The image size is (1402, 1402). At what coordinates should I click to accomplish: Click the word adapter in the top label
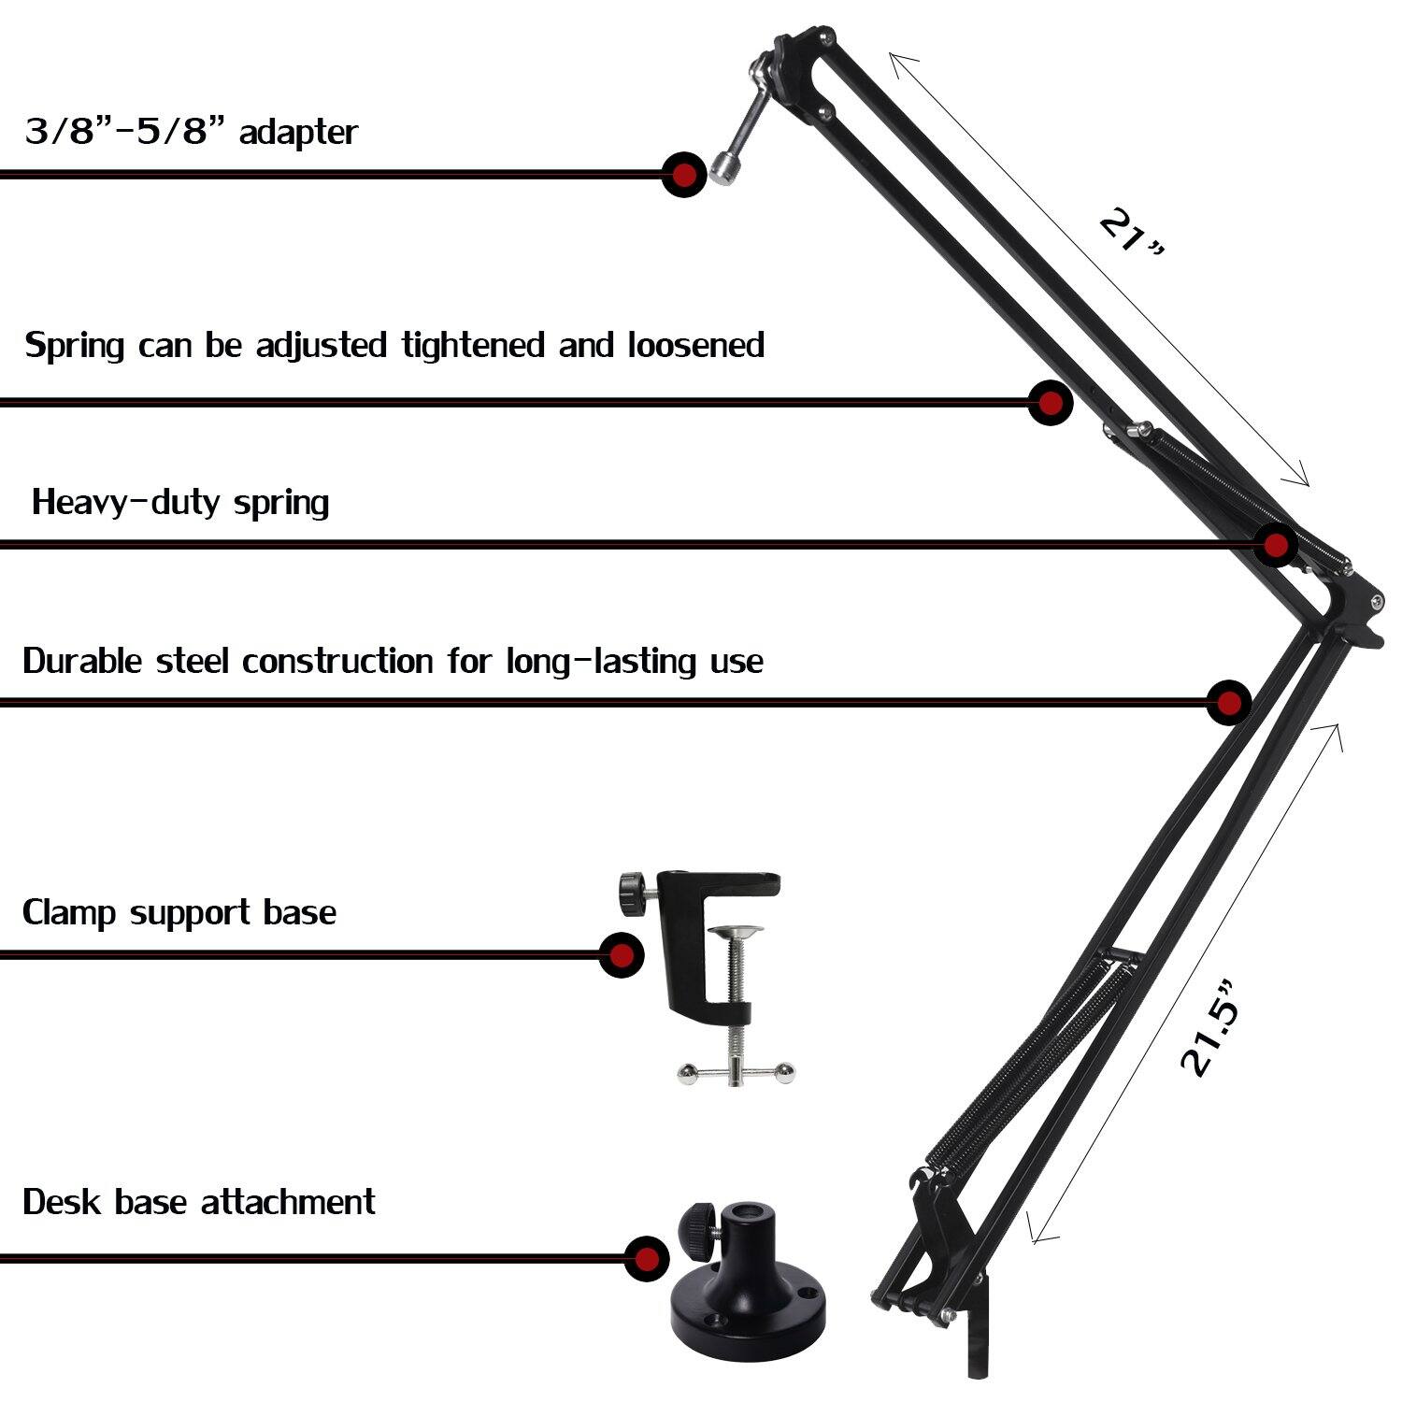pos(298,132)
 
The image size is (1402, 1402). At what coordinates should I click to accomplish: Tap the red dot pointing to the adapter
pos(684,174)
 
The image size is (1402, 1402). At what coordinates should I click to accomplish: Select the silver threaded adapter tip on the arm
pos(723,167)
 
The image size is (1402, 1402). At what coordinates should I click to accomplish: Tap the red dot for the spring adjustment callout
pos(1050,403)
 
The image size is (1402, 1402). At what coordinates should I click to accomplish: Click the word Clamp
pos(70,912)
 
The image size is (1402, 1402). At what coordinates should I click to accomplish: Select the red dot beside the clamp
pos(622,954)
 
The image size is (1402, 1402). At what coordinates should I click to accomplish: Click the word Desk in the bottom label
pos(62,1201)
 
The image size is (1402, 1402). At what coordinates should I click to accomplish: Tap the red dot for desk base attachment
pos(646,1258)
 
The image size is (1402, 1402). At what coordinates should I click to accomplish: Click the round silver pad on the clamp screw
pos(736,932)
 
